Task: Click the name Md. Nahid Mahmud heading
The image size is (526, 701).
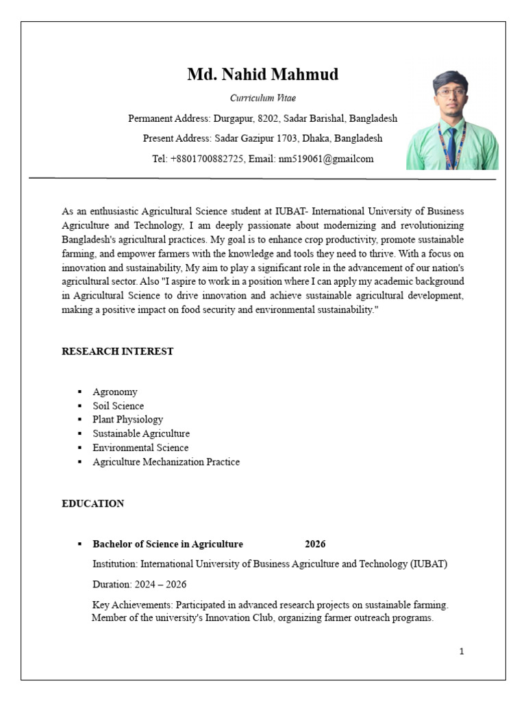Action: (x=262, y=75)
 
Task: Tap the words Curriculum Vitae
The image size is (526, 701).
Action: (x=263, y=99)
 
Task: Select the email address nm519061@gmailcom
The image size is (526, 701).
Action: (x=325, y=159)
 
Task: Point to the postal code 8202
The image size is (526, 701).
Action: (x=269, y=118)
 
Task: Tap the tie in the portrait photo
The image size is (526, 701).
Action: (x=451, y=148)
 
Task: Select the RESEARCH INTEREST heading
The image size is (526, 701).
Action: (x=118, y=351)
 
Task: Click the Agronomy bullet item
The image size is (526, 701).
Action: (x=115, y=392)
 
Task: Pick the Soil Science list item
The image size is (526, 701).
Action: (x=118, y=406)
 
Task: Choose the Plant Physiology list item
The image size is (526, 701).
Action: (x=128, y=420)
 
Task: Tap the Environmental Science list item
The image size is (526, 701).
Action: (x=140, y=448)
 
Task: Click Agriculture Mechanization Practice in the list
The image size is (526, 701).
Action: (x=166, y=462)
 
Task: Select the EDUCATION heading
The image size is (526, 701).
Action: (x=93, y=504)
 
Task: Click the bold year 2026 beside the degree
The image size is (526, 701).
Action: (x=315, y=544)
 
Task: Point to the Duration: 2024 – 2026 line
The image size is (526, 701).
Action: (x=140, y=585)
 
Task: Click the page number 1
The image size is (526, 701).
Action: (x=462, y=651)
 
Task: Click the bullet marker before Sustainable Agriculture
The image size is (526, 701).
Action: (x=79, y=434)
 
